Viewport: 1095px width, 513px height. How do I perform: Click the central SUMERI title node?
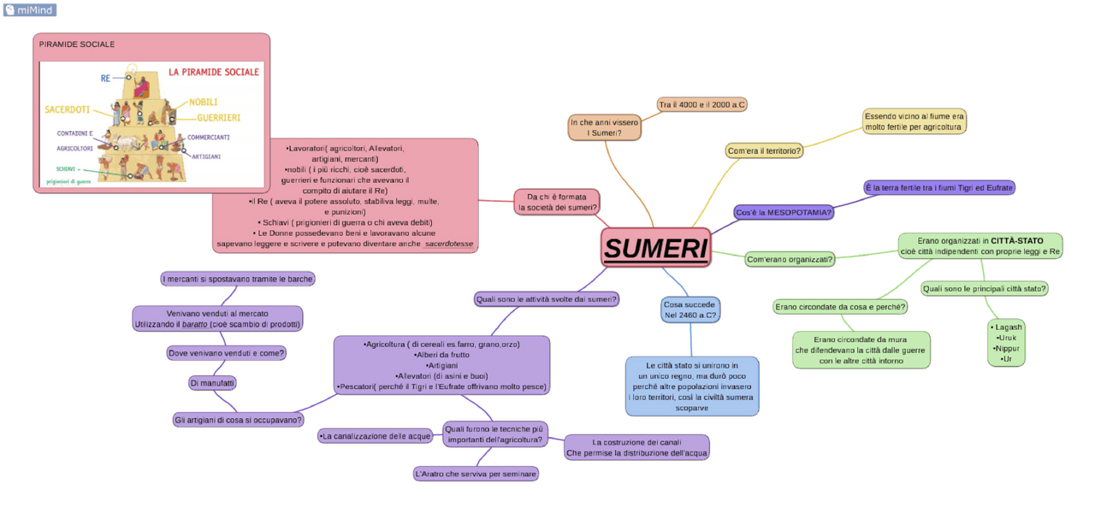click(655, 248)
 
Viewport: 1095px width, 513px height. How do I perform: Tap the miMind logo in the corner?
click(30, 9)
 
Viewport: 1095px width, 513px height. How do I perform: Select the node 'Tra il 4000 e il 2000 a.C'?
click(701, 104)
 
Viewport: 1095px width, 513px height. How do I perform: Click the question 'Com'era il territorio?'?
click(764, 150)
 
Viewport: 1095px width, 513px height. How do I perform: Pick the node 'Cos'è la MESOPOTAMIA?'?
click(784, 212)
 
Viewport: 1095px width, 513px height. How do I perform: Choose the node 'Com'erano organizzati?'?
click(790, 258)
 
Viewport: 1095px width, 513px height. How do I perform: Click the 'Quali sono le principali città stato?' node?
click(984, 288)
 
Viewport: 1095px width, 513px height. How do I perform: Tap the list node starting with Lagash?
click(1005, 343)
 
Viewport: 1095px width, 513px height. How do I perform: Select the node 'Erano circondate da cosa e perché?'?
click(839, 306)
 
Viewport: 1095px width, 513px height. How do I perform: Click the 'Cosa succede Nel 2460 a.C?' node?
click(690, 309)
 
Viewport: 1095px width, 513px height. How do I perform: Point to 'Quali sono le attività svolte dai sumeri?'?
click(547, 299)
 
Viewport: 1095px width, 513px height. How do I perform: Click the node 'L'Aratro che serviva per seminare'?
click(475, 474)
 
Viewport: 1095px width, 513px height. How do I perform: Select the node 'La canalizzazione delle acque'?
click(376, 436)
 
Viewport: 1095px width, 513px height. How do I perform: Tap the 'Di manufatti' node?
click(212, 383)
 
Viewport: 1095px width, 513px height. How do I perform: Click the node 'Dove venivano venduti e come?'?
click(225, 352)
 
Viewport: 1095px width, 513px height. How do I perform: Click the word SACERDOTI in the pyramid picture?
click(68, 110)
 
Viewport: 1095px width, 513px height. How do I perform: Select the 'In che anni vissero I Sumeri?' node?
click(604, 127)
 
